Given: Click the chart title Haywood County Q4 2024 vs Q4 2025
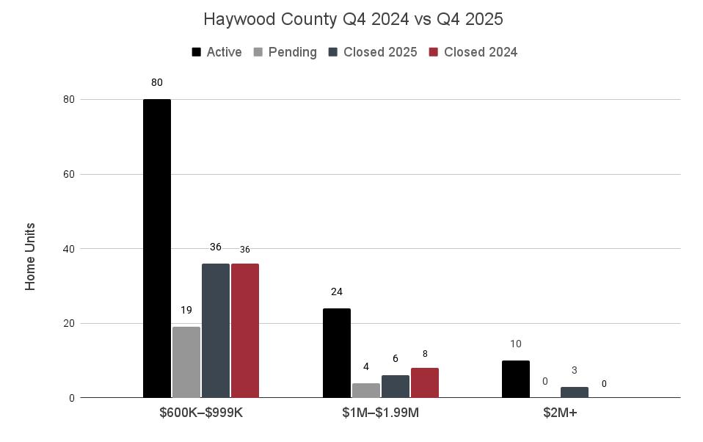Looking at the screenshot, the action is pos(353,19).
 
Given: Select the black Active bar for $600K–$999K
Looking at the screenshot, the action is pos(157,248).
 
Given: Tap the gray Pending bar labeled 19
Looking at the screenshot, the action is pos(186,362).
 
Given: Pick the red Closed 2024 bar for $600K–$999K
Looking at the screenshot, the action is pos(245,330).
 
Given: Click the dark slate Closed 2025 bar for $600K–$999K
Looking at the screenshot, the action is pos(216,330).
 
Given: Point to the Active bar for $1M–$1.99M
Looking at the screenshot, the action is pos(337,353).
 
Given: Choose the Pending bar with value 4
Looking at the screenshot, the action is pos(366,391).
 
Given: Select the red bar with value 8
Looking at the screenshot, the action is pos(425,383).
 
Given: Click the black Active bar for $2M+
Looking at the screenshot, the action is pos(516,379).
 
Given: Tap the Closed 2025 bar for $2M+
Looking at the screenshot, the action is pos(575,392).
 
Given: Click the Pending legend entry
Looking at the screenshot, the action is pos(285,52).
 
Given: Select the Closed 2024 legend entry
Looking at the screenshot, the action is pos(473,52).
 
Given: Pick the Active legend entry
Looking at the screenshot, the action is pos(217,52).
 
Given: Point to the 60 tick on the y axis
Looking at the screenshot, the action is pos(68,174).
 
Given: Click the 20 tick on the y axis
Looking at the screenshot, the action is pos(68,323).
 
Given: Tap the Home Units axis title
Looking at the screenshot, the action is pos(30,257).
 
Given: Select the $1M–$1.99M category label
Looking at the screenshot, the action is pos(381,413).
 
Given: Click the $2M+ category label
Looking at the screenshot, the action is pos(560,413).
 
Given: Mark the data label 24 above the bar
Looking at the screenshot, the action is pos(337,291).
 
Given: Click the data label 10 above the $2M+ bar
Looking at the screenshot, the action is pos(516,344).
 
